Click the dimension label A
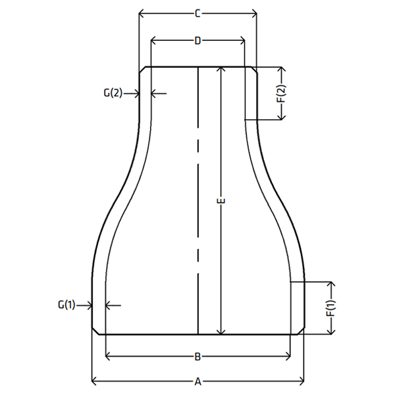click(x=198, y=382)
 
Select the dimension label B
click(x=197, y=357)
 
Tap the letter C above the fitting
click(x=197, y=13)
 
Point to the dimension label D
click(x=197, y=40)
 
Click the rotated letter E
click(x=221, y=201)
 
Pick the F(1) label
click(x=331, y=308)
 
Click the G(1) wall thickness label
click(x=66, y=305)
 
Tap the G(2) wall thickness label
click(x=113, y=93)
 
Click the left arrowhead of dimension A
click(x=93, y=382)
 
